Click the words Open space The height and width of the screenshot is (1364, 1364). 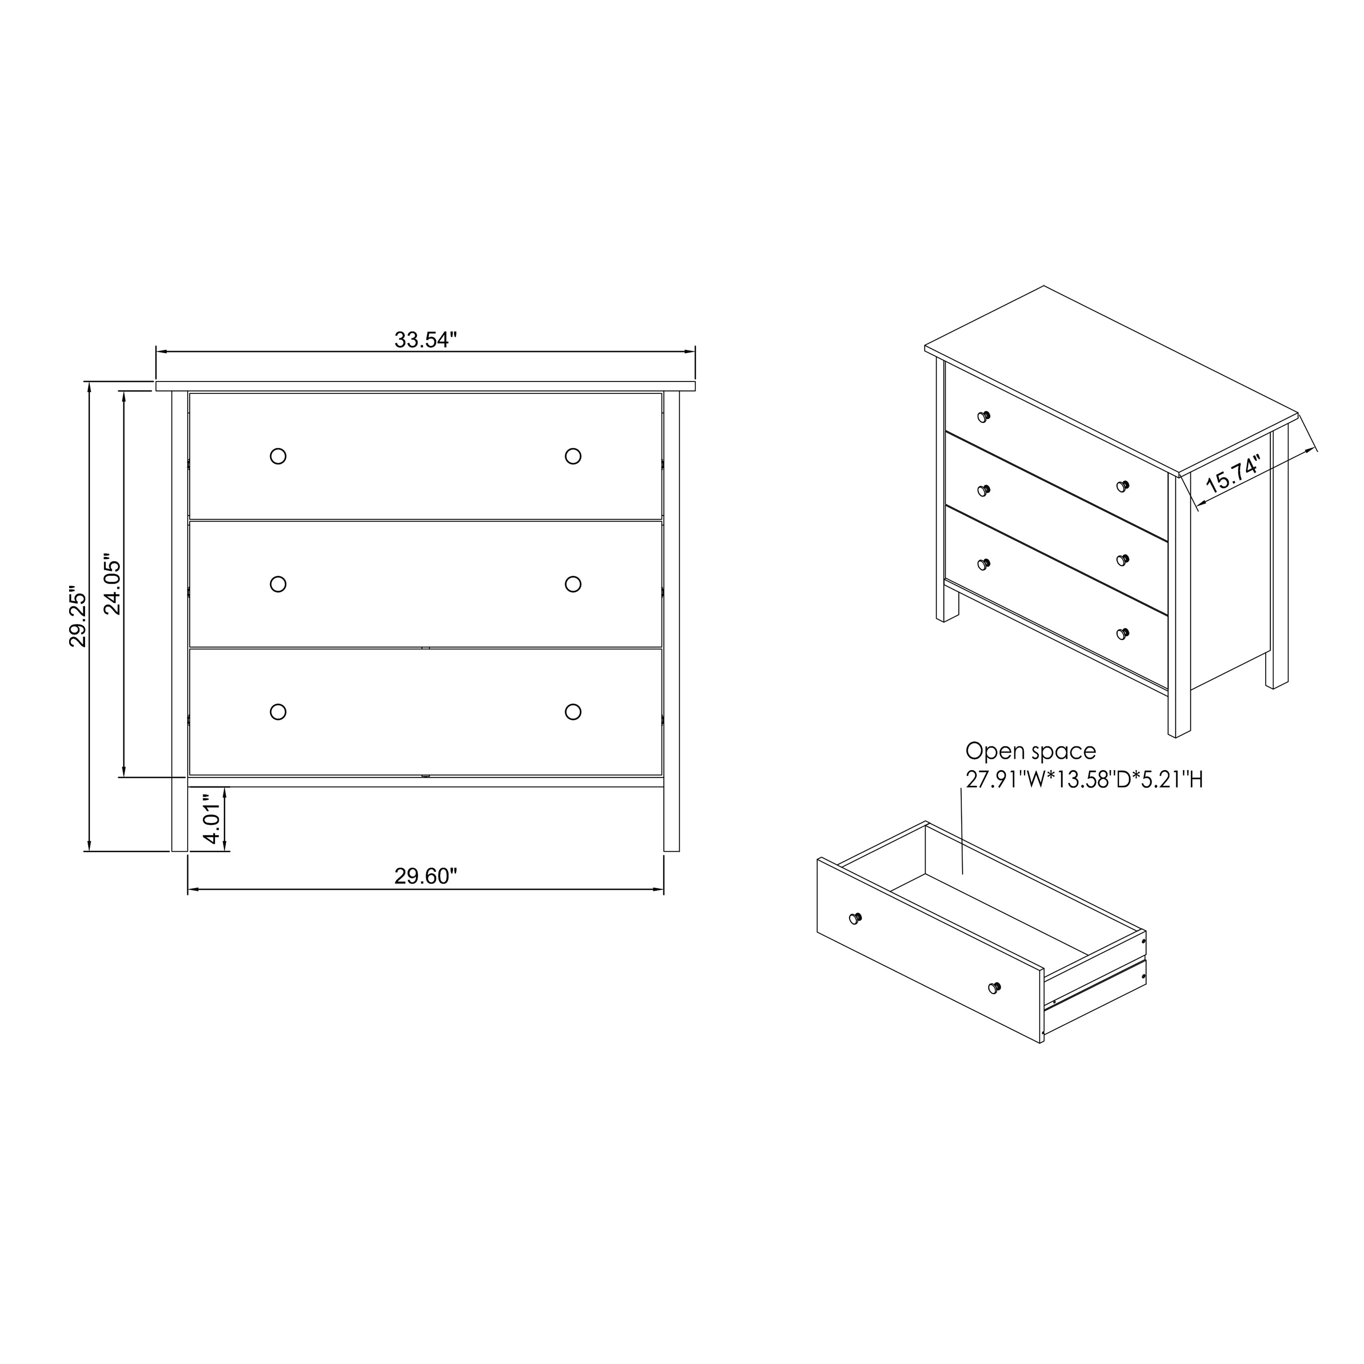coord(1030,751)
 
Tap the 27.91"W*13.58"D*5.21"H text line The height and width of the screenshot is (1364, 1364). coord(1084,779)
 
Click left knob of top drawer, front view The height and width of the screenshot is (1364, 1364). coord(278,456)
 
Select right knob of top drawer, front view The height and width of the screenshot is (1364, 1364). coord(573,456)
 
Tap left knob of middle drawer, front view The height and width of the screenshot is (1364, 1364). coord(278,584)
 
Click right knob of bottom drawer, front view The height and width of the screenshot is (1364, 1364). coord(573,712)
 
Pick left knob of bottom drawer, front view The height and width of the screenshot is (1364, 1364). coord(278,712)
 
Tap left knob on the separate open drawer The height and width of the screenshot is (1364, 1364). coord(855,918)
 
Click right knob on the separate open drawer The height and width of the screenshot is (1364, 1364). coord(994,987)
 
